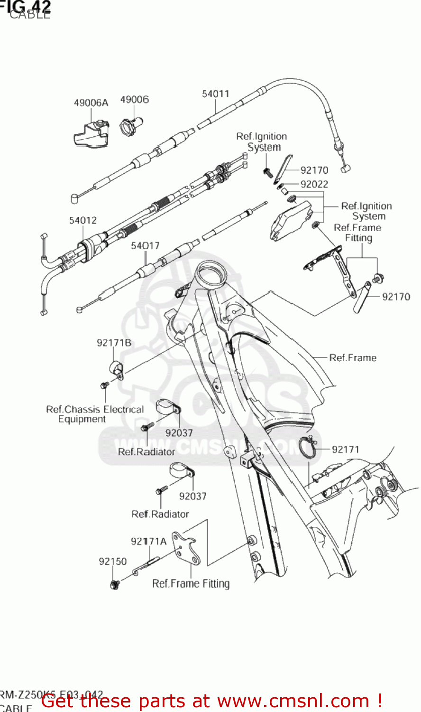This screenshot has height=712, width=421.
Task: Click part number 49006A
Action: (x=91, y=103)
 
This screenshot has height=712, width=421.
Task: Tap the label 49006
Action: (x=134, y=99)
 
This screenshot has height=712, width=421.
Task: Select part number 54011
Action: (x=215, y=94)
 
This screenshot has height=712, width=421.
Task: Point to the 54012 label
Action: (x=83, y=220)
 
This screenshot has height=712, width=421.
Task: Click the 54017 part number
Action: (x=145, y=245)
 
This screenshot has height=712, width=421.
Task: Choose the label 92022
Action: (x=314, y=184)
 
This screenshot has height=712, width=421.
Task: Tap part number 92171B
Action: (x=114, y=343)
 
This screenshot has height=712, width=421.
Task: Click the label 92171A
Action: (x=148, y=541)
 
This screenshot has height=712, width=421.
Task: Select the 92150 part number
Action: (x=113, y=562)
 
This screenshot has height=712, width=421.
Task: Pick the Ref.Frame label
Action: (x=353, y=358)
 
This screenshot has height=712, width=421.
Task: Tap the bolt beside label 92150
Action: (x=114, y=585)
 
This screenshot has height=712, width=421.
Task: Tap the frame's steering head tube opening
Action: (x=210, y=274)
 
